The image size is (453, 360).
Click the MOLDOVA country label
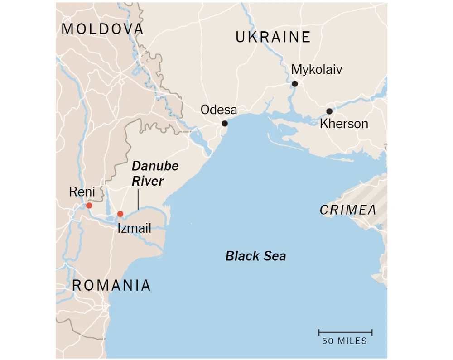[102, 29]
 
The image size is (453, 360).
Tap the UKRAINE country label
[273, 37]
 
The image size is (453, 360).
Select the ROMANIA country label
[111, 285]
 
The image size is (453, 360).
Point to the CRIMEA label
[348, 210]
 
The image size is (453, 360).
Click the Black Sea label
[255, 256]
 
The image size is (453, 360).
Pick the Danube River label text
[154, 173]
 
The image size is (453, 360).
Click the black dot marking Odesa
[225, 123]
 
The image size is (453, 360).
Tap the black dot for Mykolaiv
[294, 84]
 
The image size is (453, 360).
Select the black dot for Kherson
[329, 111]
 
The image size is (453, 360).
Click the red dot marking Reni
[89, 206]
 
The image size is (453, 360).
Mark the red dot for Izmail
[120, 214]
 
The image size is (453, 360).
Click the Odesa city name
[219, 110]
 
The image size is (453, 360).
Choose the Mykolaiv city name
[317, 70]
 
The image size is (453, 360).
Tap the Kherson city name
[344, 124]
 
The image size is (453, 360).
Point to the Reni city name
[82, 192]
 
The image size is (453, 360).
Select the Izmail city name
[134, 228]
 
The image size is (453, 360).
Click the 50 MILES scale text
[344, 341]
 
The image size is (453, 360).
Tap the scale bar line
[345, 332]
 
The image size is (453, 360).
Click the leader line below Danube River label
[138, 199]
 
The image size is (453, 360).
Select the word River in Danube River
[148, 181]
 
